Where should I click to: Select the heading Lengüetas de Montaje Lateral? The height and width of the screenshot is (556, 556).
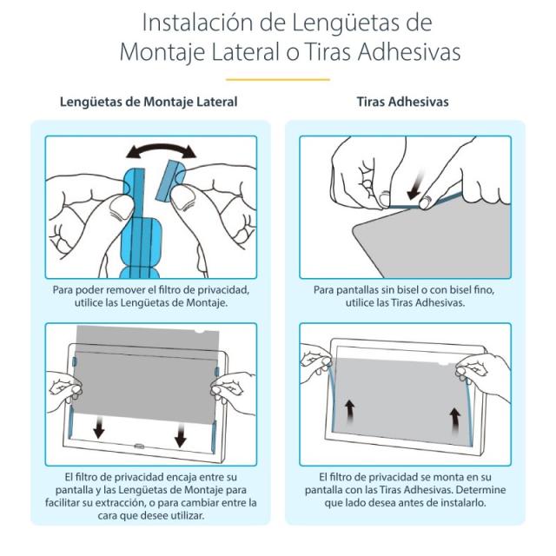149,102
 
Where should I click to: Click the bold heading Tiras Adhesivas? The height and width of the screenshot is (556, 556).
402,102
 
